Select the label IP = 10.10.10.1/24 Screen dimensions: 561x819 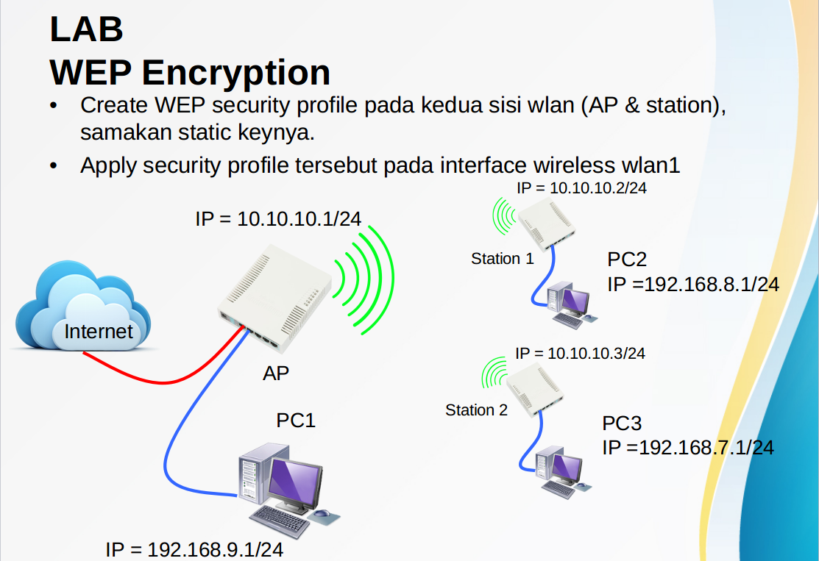pos(278,218)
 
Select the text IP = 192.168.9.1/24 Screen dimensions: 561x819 pos(194,549)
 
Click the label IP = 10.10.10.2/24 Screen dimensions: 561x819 pos(581,187)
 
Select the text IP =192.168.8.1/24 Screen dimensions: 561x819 pos(692,285)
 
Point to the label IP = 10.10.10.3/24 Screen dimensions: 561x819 pos(580,354)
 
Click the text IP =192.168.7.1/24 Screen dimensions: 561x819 pos(688,447)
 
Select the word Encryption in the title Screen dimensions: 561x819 pos(236,72)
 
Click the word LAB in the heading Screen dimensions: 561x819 pos(86,29)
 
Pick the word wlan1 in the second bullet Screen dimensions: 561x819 pos(653,165)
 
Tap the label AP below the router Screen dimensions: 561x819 pos(276,374)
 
